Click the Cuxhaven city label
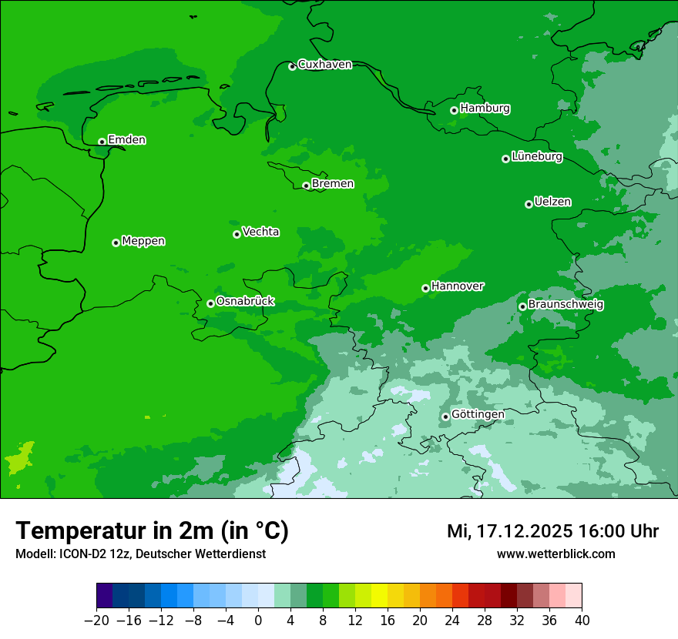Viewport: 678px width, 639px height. pyautogui.click(x=324, y=65)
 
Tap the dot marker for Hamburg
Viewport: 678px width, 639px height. pyautogui.click(x=455, y=110)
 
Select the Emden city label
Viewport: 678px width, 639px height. pyautogui.click(x=126, y=140)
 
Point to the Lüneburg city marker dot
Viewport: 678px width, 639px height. pyautogui.click(x=505, y=159)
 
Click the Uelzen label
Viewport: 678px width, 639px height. pyautogui.click(x=552, y=202)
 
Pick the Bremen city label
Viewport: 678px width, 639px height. pyautogui.click(x=333, y=184)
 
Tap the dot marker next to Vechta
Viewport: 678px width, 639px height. pyautogui.click(x=237, y=234)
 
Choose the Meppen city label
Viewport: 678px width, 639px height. pyautogui.click(x=143, y=241)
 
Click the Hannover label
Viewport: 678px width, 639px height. pyautogui.click(x=458, y=286)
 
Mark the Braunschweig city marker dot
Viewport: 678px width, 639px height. pyautogui.click(x=522, y=306)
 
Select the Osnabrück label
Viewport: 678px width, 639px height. pyautogui.click(x=245, y=302)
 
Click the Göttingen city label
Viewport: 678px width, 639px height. pyautogui.click(x=478, y=415)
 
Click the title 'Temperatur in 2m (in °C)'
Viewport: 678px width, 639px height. pyautogui.click(x=153, y=531)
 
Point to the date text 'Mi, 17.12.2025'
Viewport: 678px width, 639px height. pyautogui.click(x=509, y=531)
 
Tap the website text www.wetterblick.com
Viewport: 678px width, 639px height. pyautogui.click(x=555, y=554)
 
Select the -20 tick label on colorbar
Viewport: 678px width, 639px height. pyautogui.click(x=97, y=621)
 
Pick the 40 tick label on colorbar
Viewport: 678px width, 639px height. pyautogui.click(x=582, y=621)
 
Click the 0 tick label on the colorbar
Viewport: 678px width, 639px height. pyautogui.click(x=258, y=621)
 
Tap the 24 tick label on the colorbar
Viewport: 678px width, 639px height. pyautogui.click(x=452, y=621)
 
